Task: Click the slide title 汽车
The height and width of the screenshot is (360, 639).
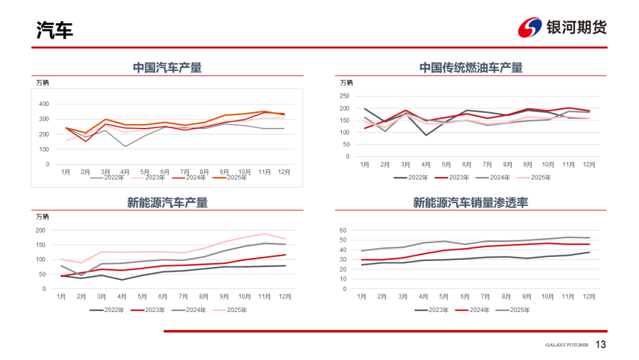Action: click(x=54, y=30)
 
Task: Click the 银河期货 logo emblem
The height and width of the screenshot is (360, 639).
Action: click(x=530, y=27)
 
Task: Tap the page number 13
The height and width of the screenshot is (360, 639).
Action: click(x=601, y=345)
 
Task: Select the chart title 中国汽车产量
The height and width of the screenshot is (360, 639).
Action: click(x=167, y=67)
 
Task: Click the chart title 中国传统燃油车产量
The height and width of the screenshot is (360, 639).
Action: click(x=471, y=67)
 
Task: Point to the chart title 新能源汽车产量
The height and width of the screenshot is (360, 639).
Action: click(x=167, y=203)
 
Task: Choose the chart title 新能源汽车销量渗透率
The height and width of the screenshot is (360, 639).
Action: click(x=471, y=203)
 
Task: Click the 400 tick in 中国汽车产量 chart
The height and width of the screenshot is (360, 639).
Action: click(x=43, y=104)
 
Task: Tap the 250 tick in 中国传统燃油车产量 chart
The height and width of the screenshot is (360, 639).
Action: click(x=344, y=96)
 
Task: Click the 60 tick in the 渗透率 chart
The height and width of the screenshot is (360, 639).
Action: click(x=343, y=230)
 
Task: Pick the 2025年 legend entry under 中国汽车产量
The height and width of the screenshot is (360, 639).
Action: click(x=236, y=177)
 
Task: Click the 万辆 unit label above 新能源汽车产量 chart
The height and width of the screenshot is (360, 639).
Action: click(x=43, y=217)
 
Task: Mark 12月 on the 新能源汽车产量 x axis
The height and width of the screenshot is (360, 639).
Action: click(x=285, y=297)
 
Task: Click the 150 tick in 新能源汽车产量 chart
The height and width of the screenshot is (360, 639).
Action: click(x=41, y=245)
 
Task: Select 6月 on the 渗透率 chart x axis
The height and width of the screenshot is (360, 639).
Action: click(x=464, y=297)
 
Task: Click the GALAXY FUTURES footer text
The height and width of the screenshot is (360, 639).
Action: click(x=567, y=345)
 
